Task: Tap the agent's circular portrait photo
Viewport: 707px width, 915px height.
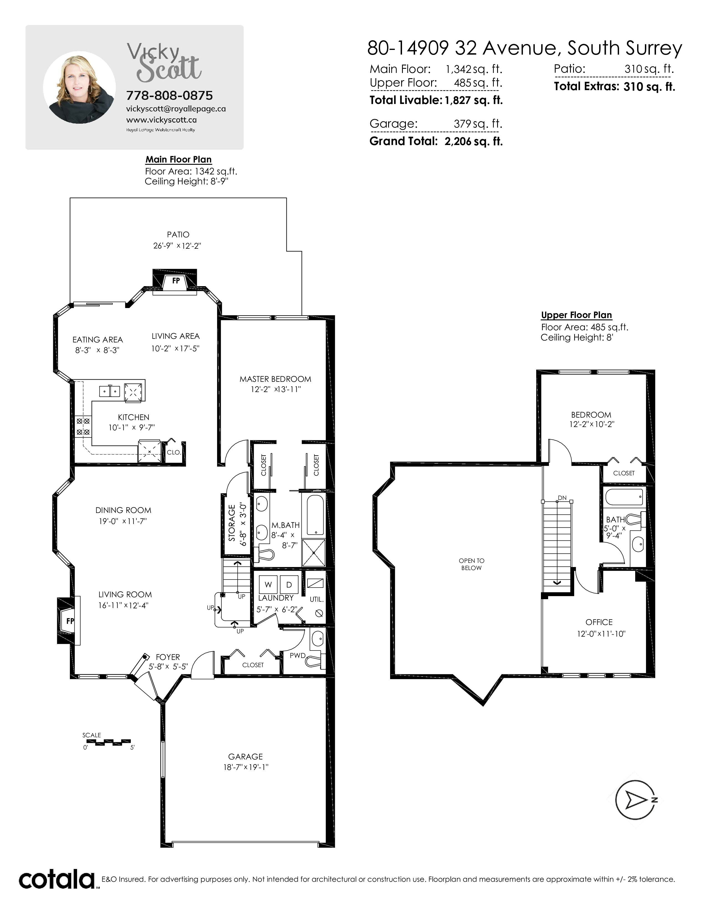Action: pos(80,88)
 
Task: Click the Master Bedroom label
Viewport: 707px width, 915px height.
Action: pos(275,379)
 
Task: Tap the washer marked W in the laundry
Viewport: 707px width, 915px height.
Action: pos(268,584)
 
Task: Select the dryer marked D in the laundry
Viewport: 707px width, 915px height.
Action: pos(289,584)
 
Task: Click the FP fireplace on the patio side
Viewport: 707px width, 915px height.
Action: pos(175,281)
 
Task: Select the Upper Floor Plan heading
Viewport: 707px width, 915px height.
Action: pos(576,315)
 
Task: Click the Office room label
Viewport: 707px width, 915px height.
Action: pos(599,622)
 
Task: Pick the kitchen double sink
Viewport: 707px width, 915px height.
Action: pos(110,391)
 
